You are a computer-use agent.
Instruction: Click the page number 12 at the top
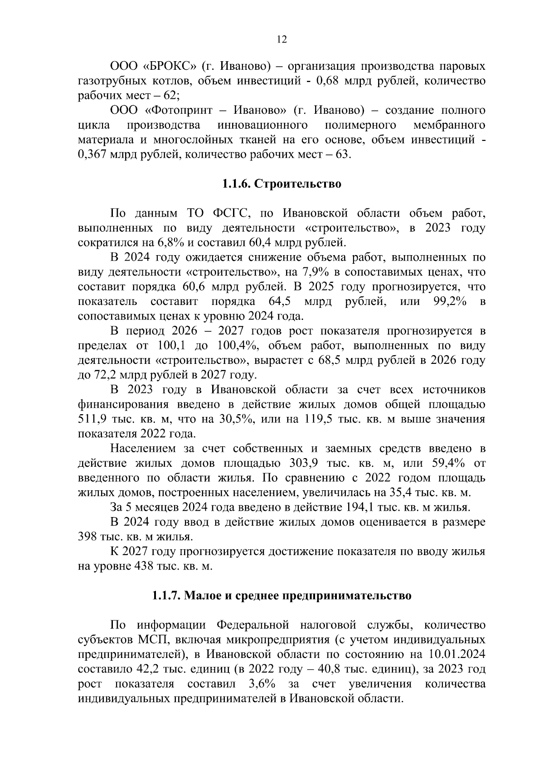(282, 40)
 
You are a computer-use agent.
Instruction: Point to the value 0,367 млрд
(109, 155)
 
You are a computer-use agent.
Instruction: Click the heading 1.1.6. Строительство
(281, 184)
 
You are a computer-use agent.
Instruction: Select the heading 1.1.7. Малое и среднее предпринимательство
(281, 595)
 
